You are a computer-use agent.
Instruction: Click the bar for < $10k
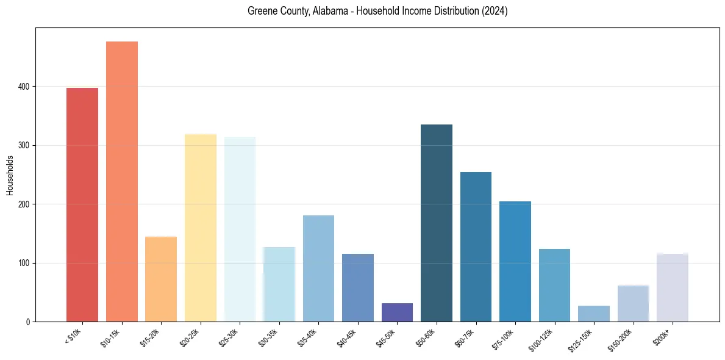pyautogui.click(x=82, y=204)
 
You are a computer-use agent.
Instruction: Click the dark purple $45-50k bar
pyautogui.click(x=397, y=312)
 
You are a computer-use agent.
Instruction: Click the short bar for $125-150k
pyautogui.click(x=594, y=314)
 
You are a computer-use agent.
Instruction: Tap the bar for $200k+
pyautogui.click(x=673, y=287)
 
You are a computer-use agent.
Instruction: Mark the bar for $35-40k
pyautogui.click(x=318, y=268)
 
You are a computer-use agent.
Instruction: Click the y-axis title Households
pyautogui.click(x=10, y=175)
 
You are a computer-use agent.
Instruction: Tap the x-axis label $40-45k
pyautogui.click(x=346, y=336)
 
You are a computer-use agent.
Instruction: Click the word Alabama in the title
pyautogui.click(x=321, y=11)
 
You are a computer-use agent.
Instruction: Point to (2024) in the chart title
pyautogui.click(x=495, y=11)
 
